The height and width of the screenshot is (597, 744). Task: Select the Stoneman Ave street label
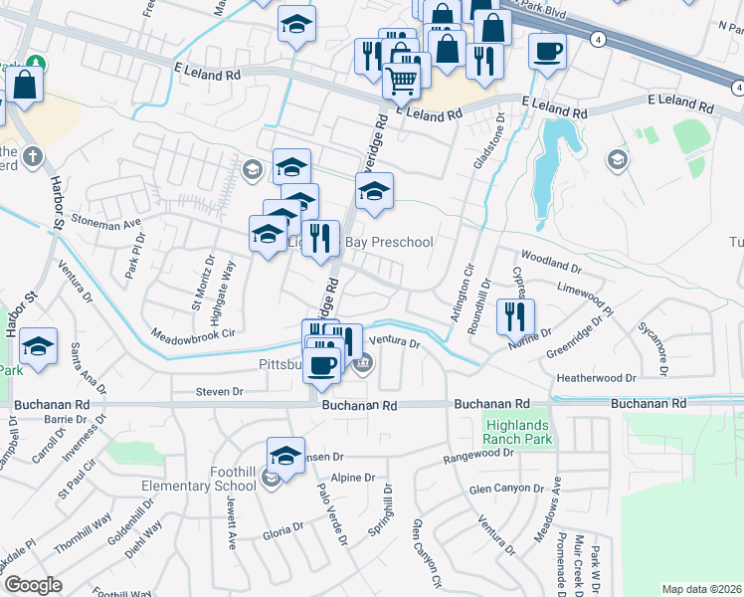[x=104, y=225]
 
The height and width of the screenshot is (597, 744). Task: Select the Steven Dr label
[x=219, y=392]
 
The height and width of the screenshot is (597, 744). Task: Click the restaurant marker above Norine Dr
[x=515, y=317]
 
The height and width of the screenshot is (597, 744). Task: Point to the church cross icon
[x=33, y=157]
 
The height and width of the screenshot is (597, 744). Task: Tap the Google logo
[x=33, y=585]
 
